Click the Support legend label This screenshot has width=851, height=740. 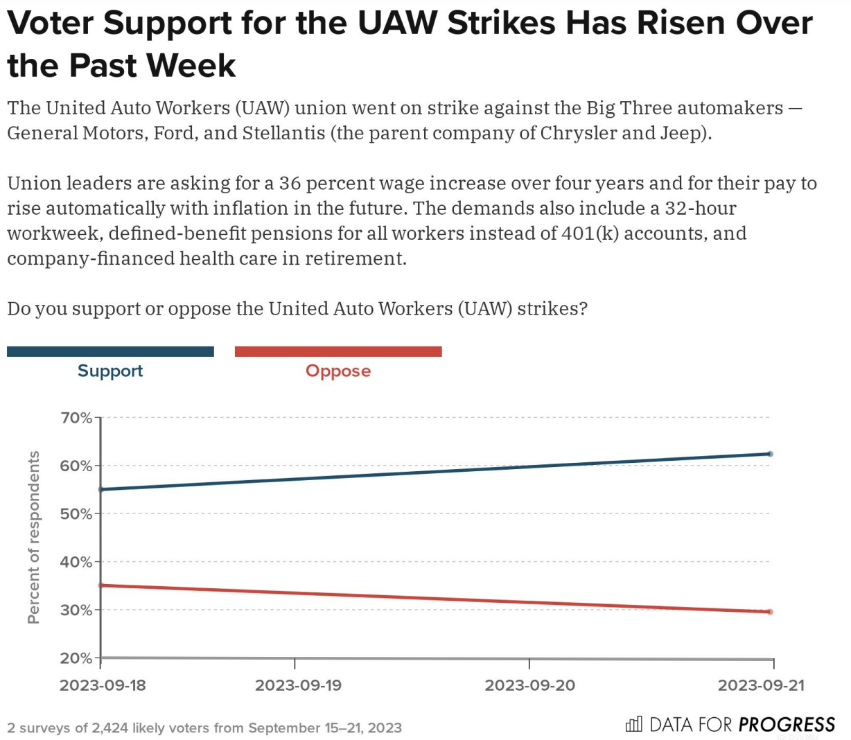tap(110, 371)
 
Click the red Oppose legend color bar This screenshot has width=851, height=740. tap(338, 351)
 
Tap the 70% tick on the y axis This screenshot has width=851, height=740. tap(76, 418)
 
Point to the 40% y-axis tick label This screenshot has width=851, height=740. tap(76, 562)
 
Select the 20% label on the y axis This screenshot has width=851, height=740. tap(76, 658)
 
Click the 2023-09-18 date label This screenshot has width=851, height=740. tap(103, 685)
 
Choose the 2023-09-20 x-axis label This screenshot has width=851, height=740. tap(529, 685)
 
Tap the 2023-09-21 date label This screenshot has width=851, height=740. tap(761, 685)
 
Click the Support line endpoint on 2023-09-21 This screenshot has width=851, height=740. tap(770, 454)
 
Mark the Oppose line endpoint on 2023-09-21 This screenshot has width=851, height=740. tap(770, 612)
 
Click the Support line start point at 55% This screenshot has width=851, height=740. tap(101, 489)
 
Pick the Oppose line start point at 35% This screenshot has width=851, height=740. tap(101, 585)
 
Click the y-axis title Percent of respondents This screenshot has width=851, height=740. tap(33, 537)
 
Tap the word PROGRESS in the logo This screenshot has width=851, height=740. tap(787, 725)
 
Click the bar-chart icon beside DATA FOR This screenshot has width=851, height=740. tap(633, 724)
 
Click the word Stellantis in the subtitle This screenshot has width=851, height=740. tap(283, 133)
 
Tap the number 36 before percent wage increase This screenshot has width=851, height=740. tap(290, 183)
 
